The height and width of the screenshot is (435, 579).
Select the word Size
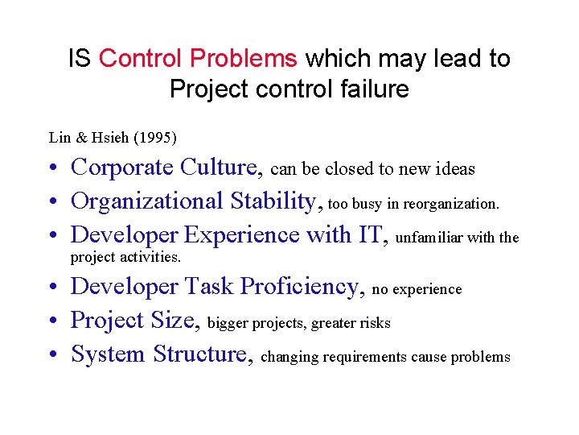[174, 320]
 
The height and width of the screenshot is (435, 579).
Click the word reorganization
[454, 205]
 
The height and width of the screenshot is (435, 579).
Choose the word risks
[374, 323]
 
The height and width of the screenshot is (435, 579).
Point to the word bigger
[228, 323]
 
